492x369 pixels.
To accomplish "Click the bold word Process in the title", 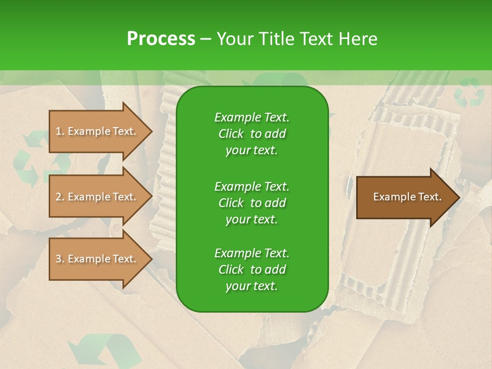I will pos(161,39).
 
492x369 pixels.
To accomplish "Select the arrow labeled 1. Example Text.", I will pos(97,131).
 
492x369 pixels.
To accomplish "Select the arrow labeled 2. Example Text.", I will pos(97,197).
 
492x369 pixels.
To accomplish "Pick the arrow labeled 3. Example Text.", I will pos(97,259).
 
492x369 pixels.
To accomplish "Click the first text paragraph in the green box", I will pos(252,134).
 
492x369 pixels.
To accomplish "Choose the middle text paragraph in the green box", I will pos(252,202).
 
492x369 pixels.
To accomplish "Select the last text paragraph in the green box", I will pos(252,270).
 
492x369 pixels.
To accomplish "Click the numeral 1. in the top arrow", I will pos(59,131).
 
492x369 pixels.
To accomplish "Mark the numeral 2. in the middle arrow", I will pos(59,197).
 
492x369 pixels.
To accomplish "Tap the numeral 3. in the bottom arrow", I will pos(59,259).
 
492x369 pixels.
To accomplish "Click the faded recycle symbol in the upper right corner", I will pos(469,93).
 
